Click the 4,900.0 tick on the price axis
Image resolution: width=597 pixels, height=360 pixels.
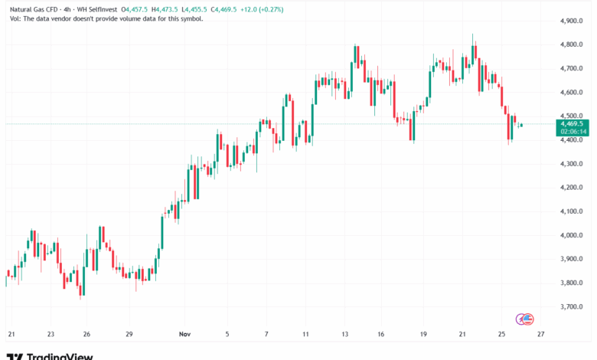[572, 21]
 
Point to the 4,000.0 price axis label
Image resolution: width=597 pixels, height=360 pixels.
[572, 235]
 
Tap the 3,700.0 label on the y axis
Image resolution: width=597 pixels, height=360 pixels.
[572, 306]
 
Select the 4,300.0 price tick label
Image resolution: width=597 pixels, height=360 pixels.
[572, 164]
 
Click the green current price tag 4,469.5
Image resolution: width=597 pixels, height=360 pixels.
[573, 123]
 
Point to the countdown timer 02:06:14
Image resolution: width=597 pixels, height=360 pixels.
[573, 132]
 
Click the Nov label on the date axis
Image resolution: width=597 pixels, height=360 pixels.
[184, 334]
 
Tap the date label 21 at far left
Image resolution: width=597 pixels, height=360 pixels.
[11, 334]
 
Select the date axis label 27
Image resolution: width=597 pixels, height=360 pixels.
[541, 334]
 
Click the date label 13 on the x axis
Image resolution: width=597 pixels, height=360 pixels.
[345, 334]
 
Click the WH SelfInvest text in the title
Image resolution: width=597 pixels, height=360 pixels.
[99, 8]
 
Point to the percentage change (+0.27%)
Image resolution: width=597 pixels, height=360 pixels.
[265, 8]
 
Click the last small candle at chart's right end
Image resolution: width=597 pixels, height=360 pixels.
[521, 125]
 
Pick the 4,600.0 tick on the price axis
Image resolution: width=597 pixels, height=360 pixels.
[572, 92]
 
